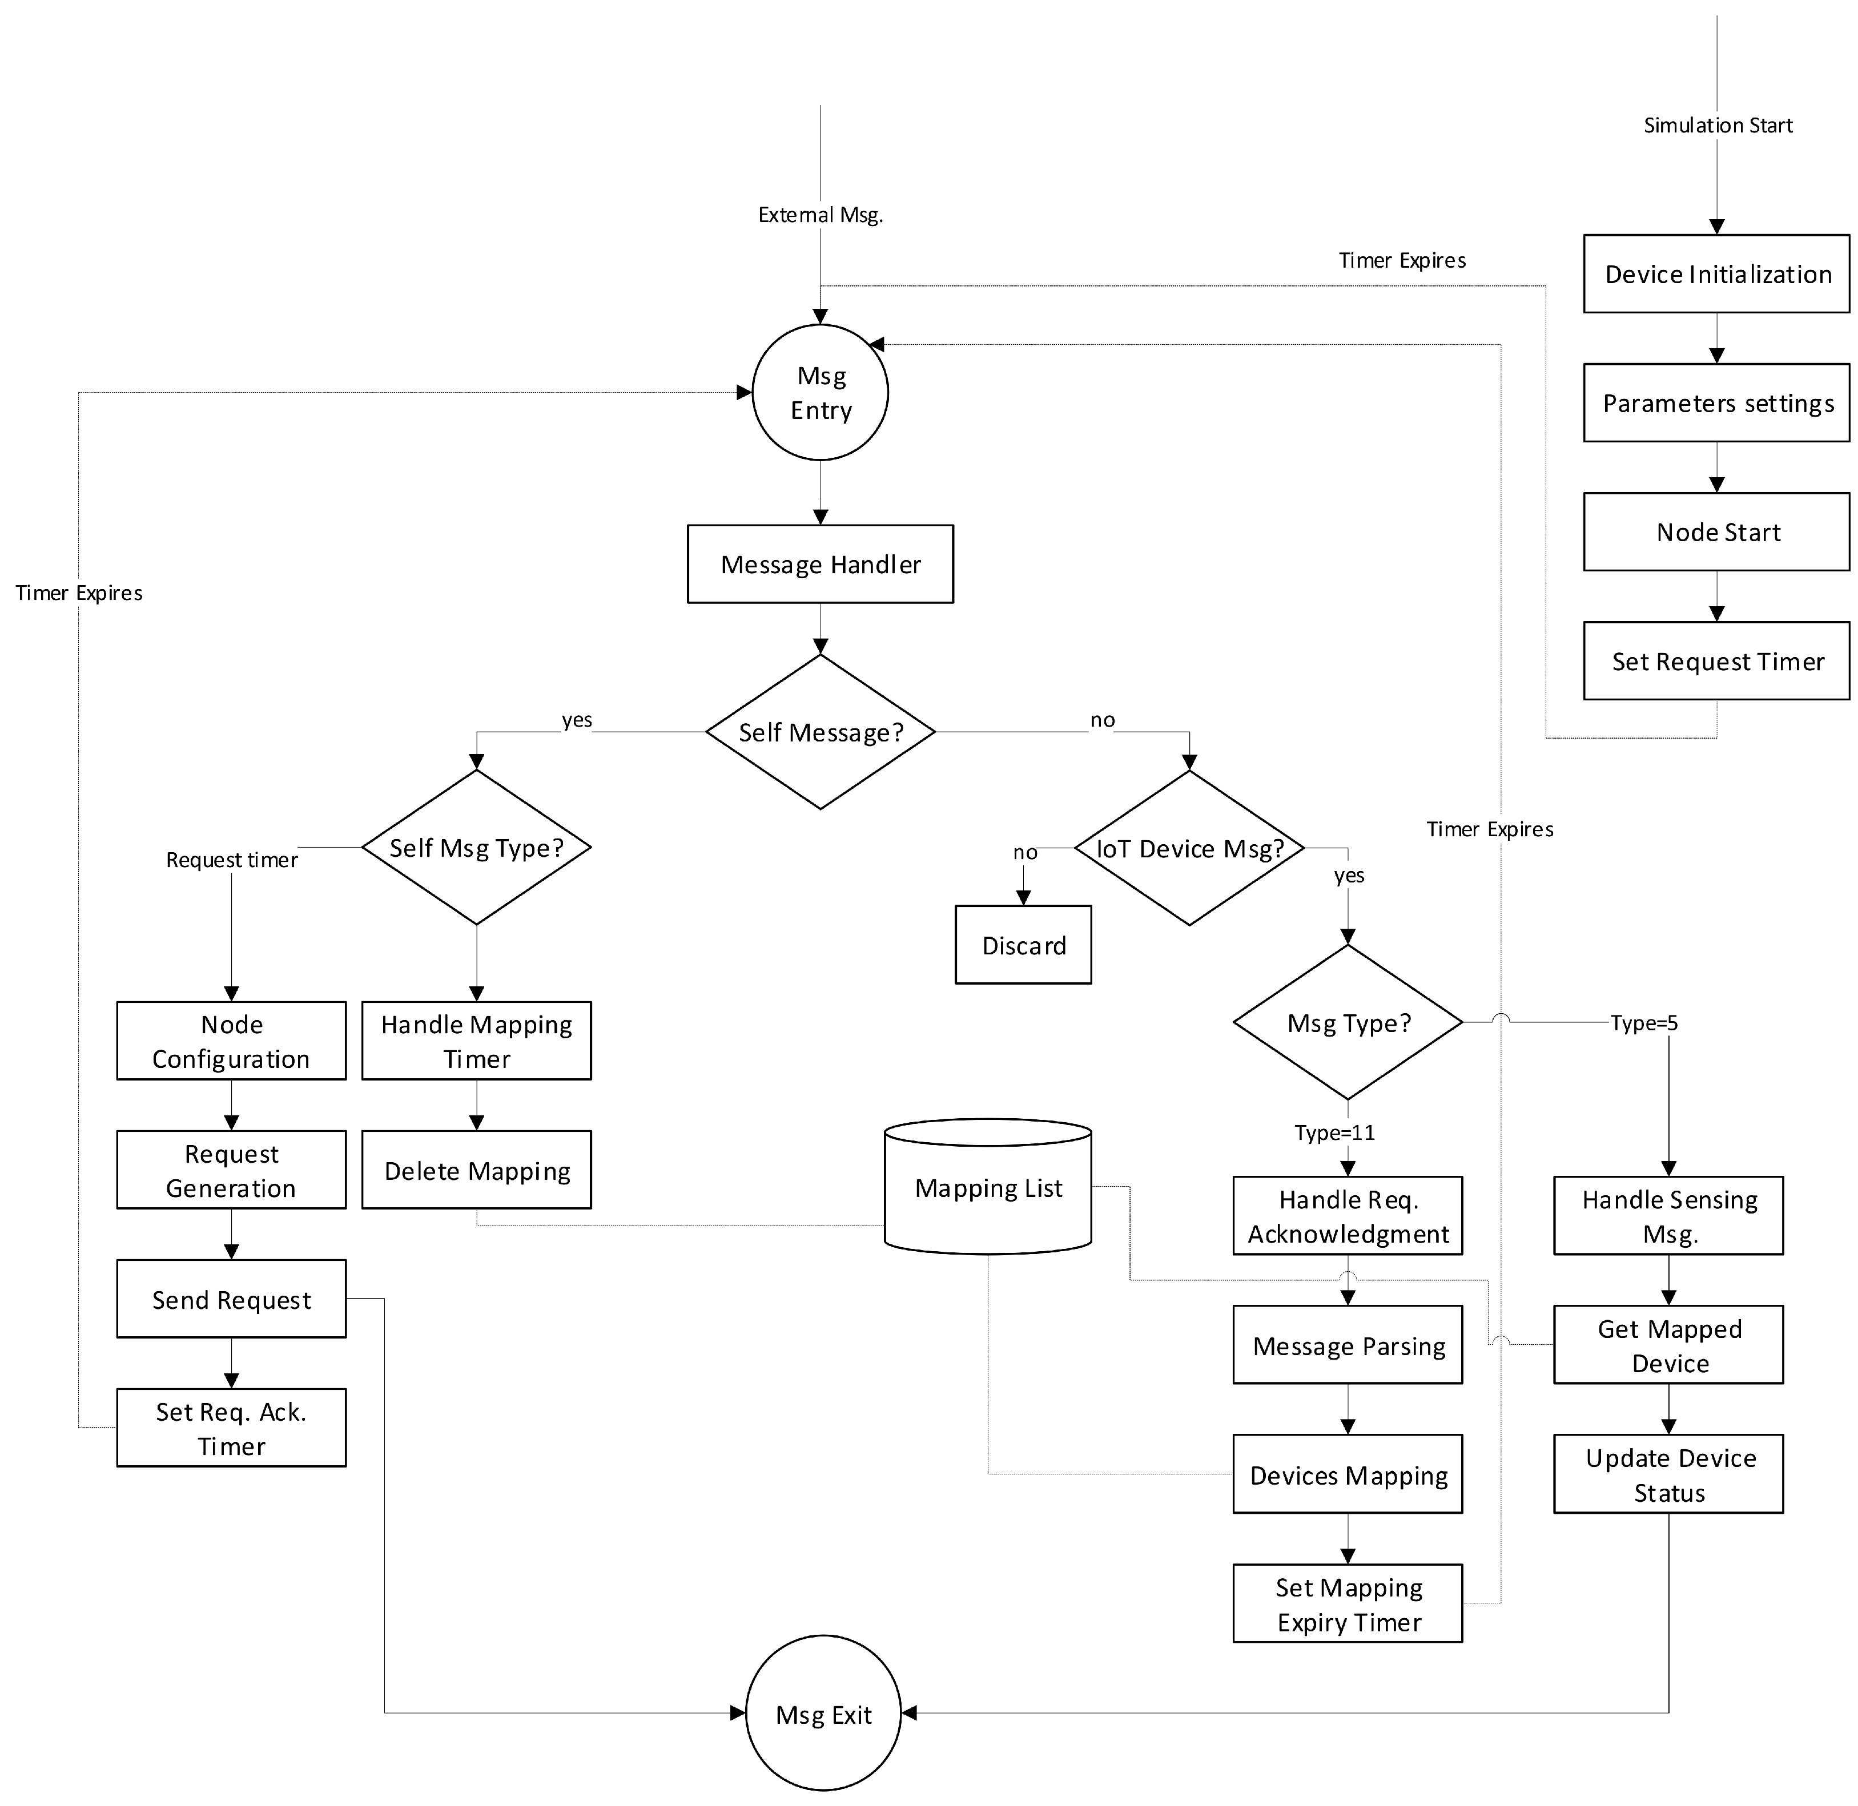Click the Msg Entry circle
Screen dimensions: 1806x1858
tap(820, 393)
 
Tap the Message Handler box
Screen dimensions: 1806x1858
tap(820, 565)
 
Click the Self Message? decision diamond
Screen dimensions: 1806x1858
tap(820, 732)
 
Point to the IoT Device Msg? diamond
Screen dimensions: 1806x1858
tap(1189, 848)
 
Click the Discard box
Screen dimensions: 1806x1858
tap(1023, 946)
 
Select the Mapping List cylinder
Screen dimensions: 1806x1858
tap(988, 1188)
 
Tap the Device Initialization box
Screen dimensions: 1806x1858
tap(1716, 274)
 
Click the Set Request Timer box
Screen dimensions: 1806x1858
tap(1716, 661)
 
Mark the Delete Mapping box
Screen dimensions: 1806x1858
tap(476, 1171)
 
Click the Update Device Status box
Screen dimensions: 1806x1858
tap(1668, 1475)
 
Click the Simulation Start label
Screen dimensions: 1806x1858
tap(1718, 125)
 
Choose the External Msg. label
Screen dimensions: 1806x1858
tap(820, 215)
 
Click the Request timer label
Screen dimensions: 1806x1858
tap(232, 860)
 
